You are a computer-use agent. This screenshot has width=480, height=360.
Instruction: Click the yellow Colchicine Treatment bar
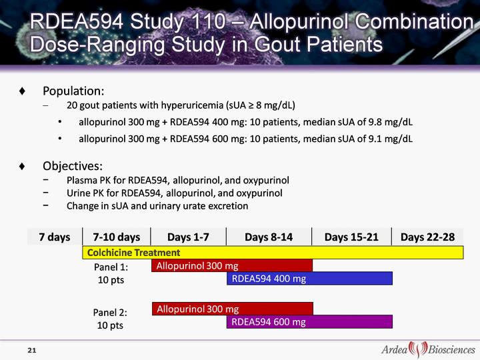coord(273,253)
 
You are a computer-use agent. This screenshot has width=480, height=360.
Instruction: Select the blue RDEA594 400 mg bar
coord(309,278)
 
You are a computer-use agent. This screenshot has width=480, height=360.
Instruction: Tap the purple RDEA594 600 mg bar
coord(309,322)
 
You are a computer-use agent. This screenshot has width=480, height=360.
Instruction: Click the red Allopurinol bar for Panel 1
coord(232,265)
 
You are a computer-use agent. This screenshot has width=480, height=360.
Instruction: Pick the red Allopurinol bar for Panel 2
coord(233,309)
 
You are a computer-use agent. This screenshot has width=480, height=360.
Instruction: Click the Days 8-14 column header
coord(269,237)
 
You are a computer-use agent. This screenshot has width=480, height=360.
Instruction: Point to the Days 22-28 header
coord(427,237)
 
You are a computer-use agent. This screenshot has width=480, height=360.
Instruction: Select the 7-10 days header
coord(116,237)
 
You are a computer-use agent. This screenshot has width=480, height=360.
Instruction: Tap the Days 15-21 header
coord(351,237)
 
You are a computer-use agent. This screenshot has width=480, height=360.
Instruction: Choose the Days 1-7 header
coord(188,237)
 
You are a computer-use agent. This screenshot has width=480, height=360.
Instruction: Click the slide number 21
coord(32,350)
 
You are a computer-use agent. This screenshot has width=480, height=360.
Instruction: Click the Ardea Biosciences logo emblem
coord(418,349)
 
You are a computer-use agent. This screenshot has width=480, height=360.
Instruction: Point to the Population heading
coord(73,91)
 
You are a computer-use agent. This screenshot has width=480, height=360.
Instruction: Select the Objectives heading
coord(73,166)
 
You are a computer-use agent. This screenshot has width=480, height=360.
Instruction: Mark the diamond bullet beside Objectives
coord(22,166)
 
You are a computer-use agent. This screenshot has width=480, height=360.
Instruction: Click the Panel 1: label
coord(111,267)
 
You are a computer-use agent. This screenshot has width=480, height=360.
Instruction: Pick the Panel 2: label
coord(110,313)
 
